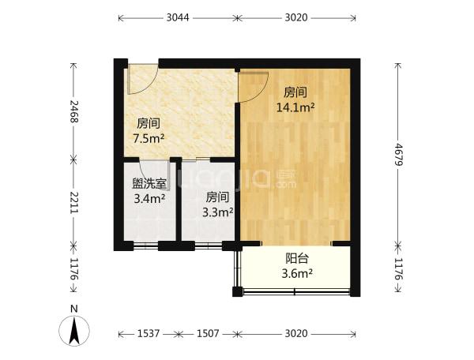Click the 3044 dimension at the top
click(178, 18)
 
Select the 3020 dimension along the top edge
click(296, 18)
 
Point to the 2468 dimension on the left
click(73, 111)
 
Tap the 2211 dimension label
click(73, 202)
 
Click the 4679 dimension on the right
click(399, 154)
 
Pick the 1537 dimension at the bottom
click(149, 334)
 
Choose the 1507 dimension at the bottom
click(208, 334)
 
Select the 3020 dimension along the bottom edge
click(296, 334)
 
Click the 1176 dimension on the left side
click(73, 268)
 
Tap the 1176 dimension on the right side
click(399, 268)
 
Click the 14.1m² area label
click(295, 107)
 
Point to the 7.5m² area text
click(149, 139)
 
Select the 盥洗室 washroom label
click(149, 184)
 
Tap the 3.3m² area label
click(217, 213)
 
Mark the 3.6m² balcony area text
click(297, 274)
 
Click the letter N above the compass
click(74, 309)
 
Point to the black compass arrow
click(74, 330)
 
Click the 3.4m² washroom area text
click(149, 199)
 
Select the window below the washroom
click(145, 246)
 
